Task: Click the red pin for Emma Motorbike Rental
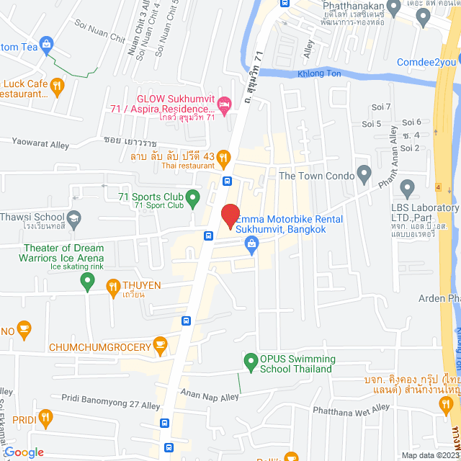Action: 230,216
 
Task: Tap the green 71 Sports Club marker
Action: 192,196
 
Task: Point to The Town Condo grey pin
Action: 364,174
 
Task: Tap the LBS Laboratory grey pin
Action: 408,189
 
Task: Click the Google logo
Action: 23,452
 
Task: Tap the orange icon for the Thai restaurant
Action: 224,156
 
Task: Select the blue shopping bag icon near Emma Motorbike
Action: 251,246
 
